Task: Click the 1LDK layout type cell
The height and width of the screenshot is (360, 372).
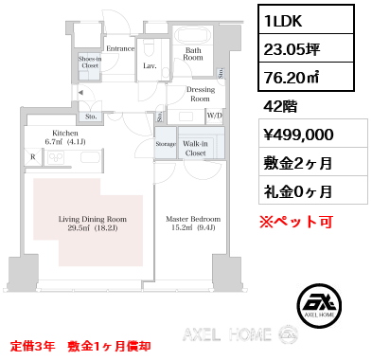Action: pyautogui.click(x=306, y=20)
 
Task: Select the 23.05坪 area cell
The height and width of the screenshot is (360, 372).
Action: pyautogui.click(x=306, y=48)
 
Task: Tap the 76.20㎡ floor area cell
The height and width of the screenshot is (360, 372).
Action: pyautogui.click(x=306, y=77)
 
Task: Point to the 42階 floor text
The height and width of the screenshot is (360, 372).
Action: pyautogui.click(x=280, y=106)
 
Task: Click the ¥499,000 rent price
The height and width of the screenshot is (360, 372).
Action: pyautogui.click(x=298, y=135)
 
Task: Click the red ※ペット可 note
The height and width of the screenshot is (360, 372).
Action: pyautogui.click(x=296, y=222)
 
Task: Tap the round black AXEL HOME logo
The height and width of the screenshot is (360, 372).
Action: pyautogui.click(x=319, y=306)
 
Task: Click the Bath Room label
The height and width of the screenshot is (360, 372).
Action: pyautogui.click(x=193, y=54)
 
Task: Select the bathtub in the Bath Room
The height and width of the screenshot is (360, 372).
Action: pyautogui.click(x=193, y=37)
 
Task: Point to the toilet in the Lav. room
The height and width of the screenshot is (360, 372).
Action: pyautogui.click(x=149, y=49)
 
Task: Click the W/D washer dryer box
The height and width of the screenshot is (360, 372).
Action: pyautogui.click(x=215, y=116)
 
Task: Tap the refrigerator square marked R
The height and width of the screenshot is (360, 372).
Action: pyautogui.click(x=33, y=156)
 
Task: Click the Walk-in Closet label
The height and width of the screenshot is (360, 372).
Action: pyautogui.click(x=195, y=149)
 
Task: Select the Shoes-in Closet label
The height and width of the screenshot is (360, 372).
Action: pyautogui.click(x=90, y=63)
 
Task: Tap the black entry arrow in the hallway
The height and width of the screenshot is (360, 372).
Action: pyautogui.click(x=80, y=93)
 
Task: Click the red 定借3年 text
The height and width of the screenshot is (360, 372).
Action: pyautogui.click(x=33, y=347)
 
